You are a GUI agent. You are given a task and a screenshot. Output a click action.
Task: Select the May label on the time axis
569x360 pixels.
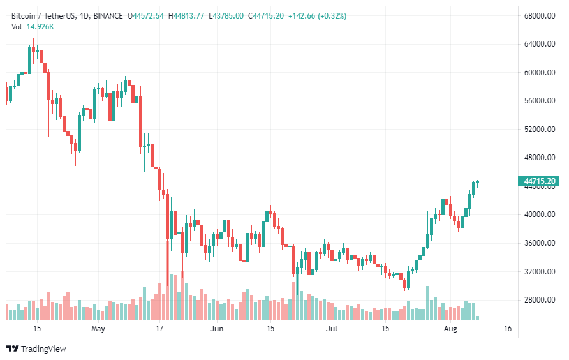(98, 329)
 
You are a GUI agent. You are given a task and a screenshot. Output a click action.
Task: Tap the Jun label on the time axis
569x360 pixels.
(218, 329)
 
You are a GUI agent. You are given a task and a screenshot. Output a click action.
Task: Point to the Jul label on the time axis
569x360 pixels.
(331, 329)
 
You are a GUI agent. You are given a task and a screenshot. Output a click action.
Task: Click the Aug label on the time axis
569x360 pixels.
(450, 329)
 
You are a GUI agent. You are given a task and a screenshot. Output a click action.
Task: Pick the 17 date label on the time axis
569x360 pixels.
(159, 329)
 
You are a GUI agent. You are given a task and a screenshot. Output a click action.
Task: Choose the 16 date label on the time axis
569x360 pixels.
(508, 329)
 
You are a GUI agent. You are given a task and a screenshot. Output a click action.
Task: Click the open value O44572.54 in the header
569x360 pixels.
(145, 15)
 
